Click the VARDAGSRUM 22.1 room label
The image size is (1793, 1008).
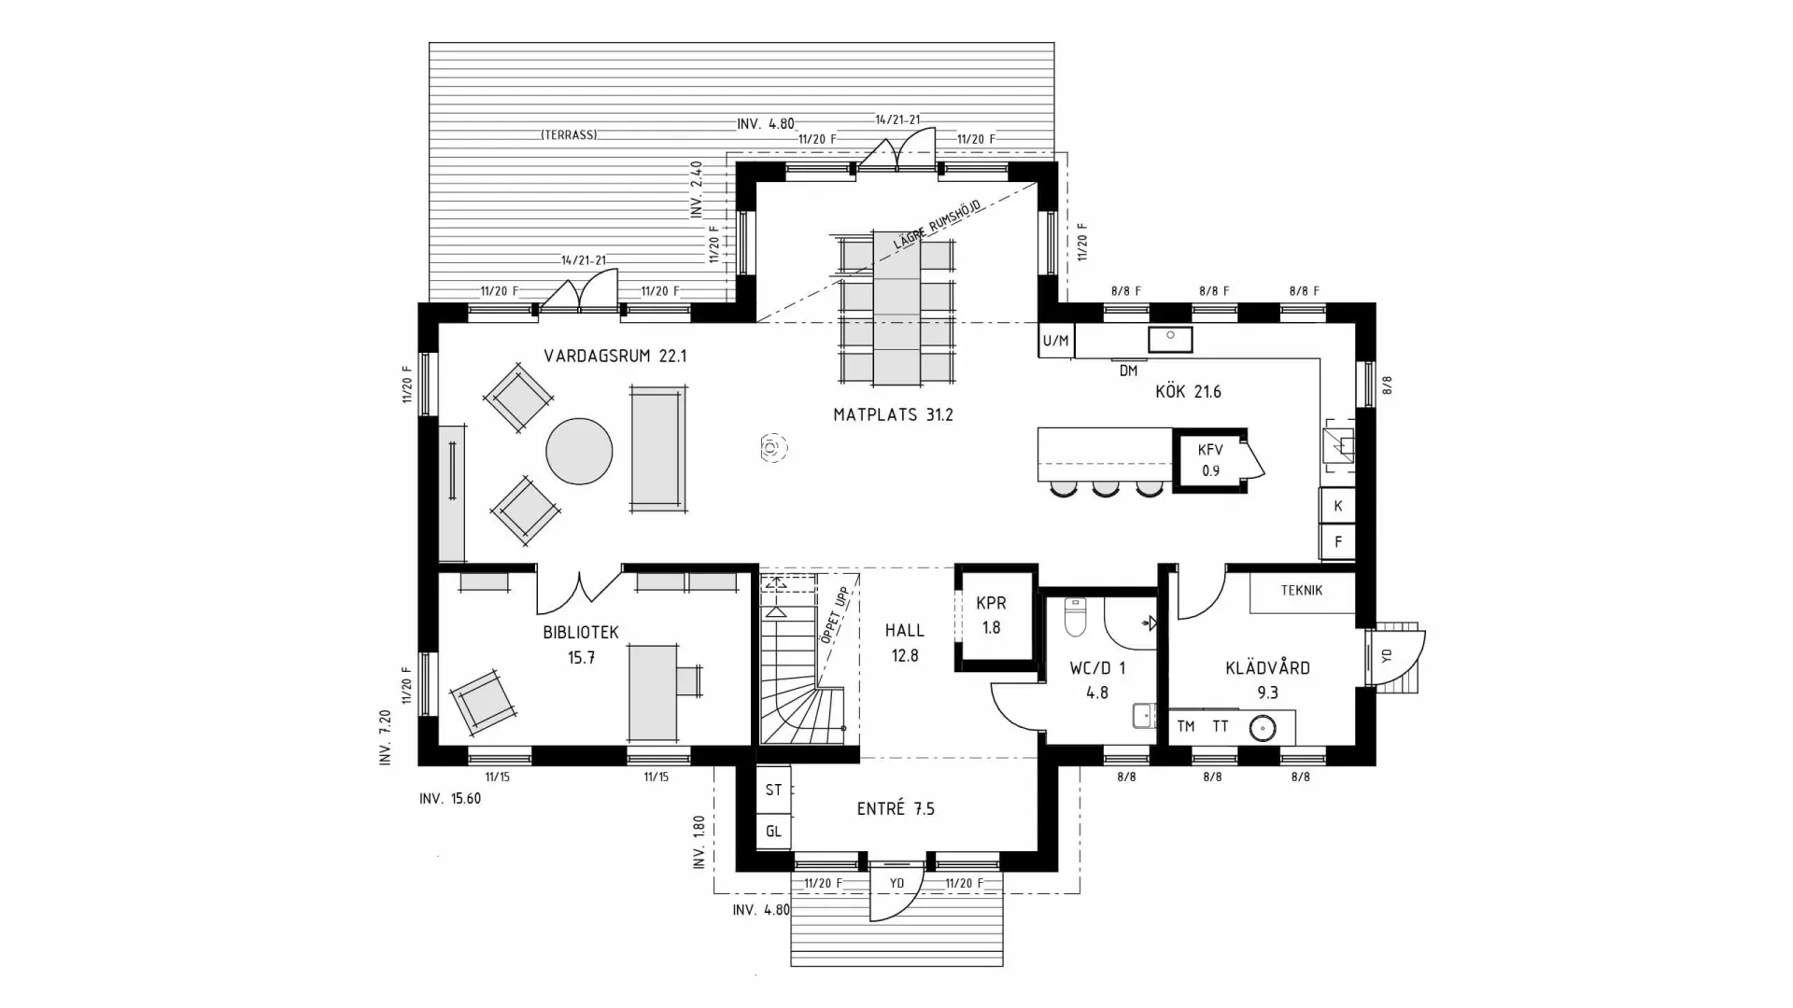pyautogui.click(x=615, y=356)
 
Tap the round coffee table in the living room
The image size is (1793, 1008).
pyautogui.click(x=579, y=451)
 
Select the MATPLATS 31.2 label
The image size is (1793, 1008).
pyautogui.click(x=893, y=414)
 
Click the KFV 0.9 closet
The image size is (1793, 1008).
pyautogui.click(x=1209, y=460)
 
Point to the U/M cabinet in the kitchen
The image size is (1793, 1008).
pyautogui.click(x=1055, y=341)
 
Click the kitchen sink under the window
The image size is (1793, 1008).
pyautogui.click(x=1169, y=338)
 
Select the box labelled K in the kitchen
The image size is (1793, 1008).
pyautogui.click(x=1337, y=506)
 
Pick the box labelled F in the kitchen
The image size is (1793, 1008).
pyautogui.click(x=1337, y=541)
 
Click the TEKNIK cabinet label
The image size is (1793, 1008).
pyautogui.click(x=1301, y=591)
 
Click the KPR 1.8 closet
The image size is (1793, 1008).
pyautogui.click(x=991, y=616)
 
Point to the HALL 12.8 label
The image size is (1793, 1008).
pyautogui.click(x=904, y=643)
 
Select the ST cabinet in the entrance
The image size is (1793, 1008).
pyautogui.click(x=773, y=791)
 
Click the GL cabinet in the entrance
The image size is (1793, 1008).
pyautogui.click(x=773, y=831)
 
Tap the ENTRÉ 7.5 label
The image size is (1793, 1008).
pyautogui.click(x=895, y=809)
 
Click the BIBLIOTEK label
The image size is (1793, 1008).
pyautogui.click(x=580, y=633)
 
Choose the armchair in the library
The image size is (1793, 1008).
pyautogui.click(x=482, y=700)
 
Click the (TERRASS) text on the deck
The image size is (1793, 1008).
pyautogui.click(x=569, y=135)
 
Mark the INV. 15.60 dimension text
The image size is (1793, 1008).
pyautogui.click(x=450, y=799)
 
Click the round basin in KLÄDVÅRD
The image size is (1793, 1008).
pyautogui.click(x=1263, y=727)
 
